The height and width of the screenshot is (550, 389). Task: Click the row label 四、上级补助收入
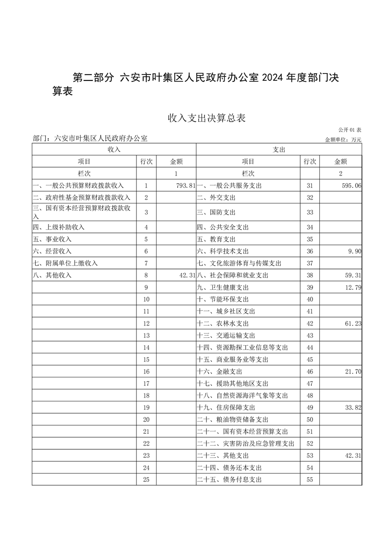point(58,227)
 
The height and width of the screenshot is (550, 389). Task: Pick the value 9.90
point(353,251)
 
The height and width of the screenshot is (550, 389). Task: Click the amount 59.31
point(352,275)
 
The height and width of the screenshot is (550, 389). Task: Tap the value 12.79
point(352,287)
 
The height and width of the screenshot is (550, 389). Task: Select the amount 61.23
point(352,324)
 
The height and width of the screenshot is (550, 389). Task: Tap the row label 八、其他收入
point(52,275)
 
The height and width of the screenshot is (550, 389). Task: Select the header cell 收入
point(114,150)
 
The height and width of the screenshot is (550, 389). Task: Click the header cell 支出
point(279,150)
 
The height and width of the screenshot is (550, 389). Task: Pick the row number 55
point(309,480)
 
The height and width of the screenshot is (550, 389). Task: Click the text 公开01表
point(350,130)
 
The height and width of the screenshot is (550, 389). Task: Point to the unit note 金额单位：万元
point(343,140)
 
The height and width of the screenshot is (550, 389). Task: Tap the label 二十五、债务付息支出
point(229,480)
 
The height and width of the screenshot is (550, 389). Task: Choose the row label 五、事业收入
point(52,239)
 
